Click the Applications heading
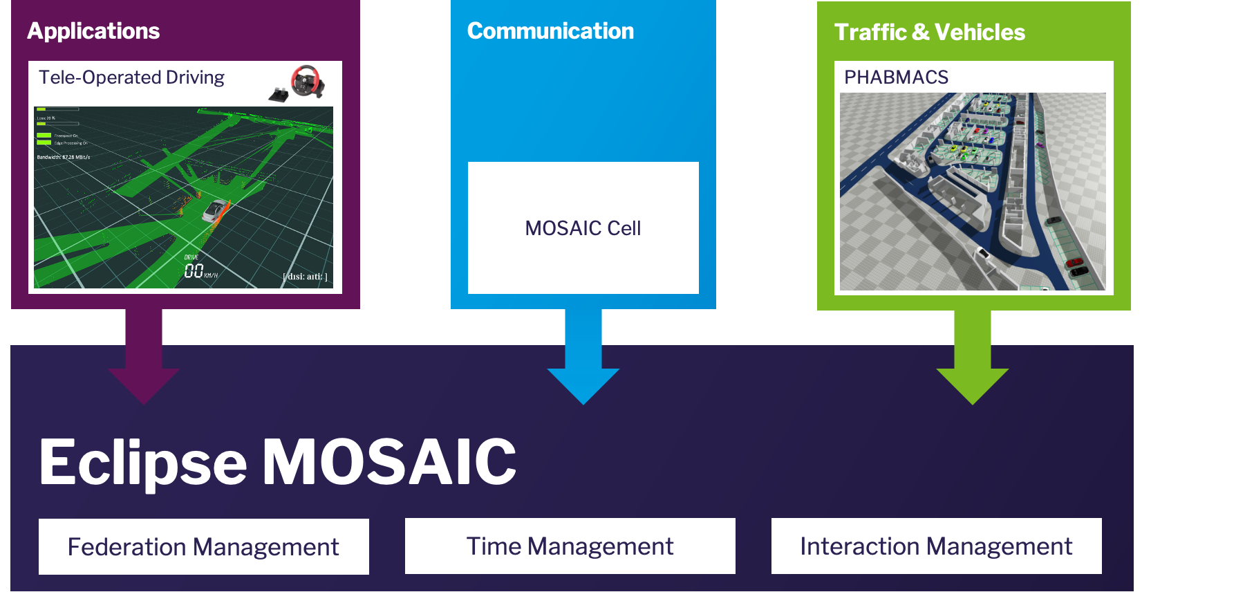point(93,31)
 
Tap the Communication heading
point(550,31)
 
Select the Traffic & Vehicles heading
point(929,33)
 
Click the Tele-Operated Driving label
point(131,77)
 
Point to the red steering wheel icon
point(307,80)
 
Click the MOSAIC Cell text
point(583,228)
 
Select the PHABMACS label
point(896,77)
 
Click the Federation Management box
point(203,546)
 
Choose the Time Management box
point(570,546)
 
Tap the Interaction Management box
point(936,546)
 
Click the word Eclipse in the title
point(142,462)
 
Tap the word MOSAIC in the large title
point(389,462)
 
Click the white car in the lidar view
point(215,210)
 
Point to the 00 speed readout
point(194,270)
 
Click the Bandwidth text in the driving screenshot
point(63,157)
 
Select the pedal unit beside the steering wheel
point(279,95)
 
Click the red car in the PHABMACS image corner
point(1074,263)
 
